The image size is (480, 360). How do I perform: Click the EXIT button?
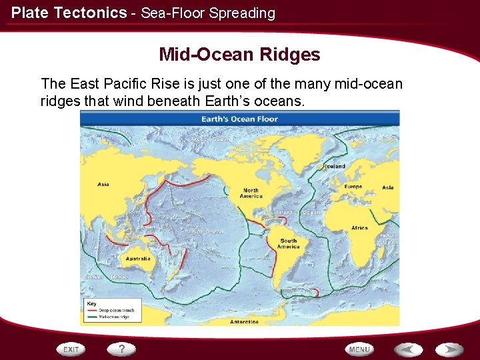tap(71, 349)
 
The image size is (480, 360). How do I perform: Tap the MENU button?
tap(359, 349)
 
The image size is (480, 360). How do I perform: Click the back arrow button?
tap(407, 349)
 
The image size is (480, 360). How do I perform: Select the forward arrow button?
tap(450, 349)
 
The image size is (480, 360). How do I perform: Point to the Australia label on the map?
tap(138, 259)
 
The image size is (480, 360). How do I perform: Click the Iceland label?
tap(334, 166)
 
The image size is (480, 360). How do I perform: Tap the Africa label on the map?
tap(359, 228)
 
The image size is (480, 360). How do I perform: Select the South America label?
tap(289, 244)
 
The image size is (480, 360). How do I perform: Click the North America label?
tap(251, 193)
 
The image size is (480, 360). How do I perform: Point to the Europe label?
tap(353, 187)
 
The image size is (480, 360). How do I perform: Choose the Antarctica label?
tap(244, 321)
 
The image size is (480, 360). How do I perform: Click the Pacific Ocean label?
tap(204, 231)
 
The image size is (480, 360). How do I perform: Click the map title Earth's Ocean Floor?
tap(239, 119)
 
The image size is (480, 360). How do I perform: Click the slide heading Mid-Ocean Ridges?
tap(239, 55)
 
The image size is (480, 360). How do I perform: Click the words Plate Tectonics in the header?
tap(69, 13)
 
